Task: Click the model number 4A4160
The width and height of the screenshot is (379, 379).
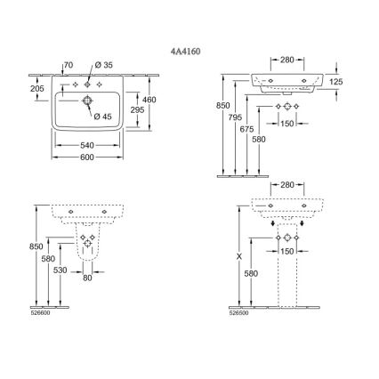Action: click(186, 53)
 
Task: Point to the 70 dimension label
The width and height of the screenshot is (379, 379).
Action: click(68, 65)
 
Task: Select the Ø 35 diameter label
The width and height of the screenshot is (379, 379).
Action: click(105, 65)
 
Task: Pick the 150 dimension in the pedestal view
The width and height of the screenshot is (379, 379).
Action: click(286, 253)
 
